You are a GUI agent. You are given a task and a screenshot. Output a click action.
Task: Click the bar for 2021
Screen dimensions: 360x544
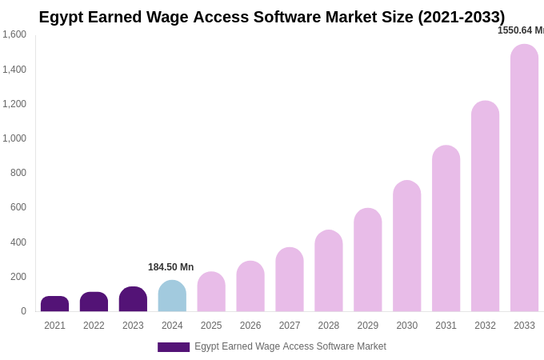(54, 304)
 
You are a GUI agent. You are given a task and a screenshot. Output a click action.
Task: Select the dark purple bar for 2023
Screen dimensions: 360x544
(133, 299)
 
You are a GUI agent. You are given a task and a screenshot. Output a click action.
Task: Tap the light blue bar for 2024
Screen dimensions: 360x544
(172, 296)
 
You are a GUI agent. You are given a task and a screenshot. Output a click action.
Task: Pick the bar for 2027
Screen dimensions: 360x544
(290, 279)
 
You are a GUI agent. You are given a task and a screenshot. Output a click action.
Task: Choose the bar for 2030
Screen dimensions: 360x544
(406, 246)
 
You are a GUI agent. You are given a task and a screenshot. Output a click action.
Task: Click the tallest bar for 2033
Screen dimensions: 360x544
(524, 178)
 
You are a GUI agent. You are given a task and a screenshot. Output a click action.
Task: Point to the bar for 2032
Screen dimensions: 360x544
(485, 206)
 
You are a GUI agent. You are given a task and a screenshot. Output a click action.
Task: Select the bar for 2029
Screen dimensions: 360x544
(368, 260)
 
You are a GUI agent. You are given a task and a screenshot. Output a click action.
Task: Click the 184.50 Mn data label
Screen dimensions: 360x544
(170, 267)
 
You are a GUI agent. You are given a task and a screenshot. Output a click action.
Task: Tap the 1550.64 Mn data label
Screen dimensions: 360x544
(520, 30)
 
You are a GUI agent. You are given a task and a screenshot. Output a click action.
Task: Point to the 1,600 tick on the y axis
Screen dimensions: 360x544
(14, 34)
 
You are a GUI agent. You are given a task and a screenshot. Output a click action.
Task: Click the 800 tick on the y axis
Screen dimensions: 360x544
(18, 173)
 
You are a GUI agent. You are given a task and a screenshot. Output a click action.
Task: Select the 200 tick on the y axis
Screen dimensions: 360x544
(18, 277)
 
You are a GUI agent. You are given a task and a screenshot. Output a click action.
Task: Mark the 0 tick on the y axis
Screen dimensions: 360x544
(23, 311)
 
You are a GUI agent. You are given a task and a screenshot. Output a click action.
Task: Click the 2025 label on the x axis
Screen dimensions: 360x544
(211, 326)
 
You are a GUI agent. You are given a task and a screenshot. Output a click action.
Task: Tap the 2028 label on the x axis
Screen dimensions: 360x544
(329, 326)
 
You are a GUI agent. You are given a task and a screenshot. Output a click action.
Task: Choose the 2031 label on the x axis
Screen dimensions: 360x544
(446, 326)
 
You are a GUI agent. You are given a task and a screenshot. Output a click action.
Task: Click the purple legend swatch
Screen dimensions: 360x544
(174, 347)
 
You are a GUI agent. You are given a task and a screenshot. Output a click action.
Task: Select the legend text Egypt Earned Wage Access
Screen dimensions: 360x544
(290, 346)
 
